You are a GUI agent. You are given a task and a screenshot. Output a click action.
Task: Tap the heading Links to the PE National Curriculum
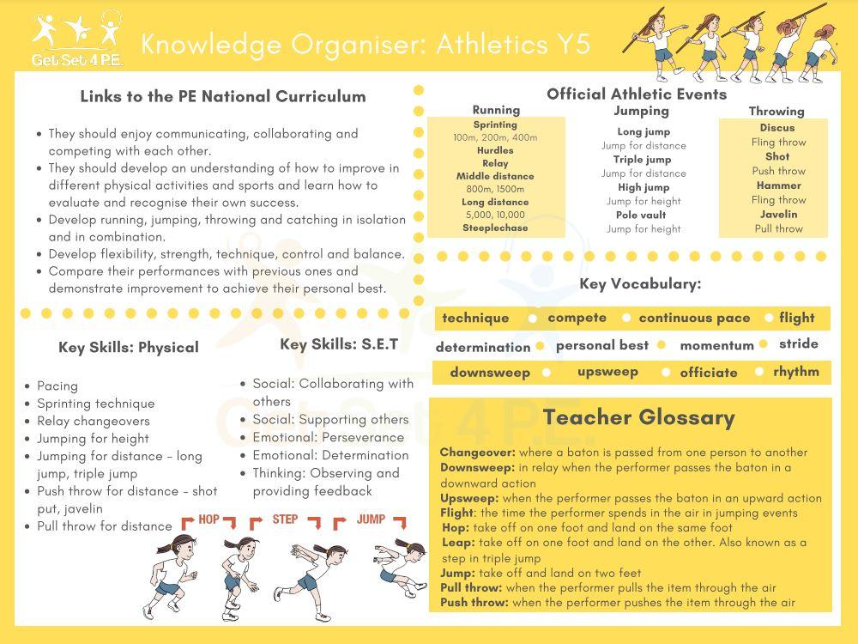pyautogui.click(x=223, y=96)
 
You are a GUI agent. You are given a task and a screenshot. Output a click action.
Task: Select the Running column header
pyautogui.click(x=496, y=110)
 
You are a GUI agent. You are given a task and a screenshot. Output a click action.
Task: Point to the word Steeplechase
pyautogui.click(x=496, y=228)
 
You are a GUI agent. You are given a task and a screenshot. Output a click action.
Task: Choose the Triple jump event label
pyautogui.click(x=642, y=160)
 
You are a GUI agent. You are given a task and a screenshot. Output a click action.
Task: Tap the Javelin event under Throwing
pyautogui.click(x=778, y=215)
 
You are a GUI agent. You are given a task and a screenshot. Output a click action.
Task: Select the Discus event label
pyautogui.click(x=777, y=128)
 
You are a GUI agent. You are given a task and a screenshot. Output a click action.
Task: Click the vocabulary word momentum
pyautogui.click(x=716, y=346)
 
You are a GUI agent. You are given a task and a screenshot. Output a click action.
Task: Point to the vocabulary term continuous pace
pyautogui.click(x=694, y=318)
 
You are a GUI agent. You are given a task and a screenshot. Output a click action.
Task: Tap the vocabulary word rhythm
pyautogui.click(x=796, y=372)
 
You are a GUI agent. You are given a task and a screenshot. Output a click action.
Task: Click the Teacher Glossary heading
pyautogui.click(x=638, y=418)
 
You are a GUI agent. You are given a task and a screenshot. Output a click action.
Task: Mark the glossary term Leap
pyautogui.click(x=458, y=543)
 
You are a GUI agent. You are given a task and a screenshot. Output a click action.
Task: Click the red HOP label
pyautogui.click(x=208, y=519)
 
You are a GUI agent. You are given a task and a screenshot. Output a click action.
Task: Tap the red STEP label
pyautogui.click(x=285, y=519)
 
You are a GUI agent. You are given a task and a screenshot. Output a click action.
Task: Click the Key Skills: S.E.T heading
pyautogui.click(x=339, y=344)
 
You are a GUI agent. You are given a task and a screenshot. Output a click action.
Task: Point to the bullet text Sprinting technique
pyautogui.click(x=96, y=404)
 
